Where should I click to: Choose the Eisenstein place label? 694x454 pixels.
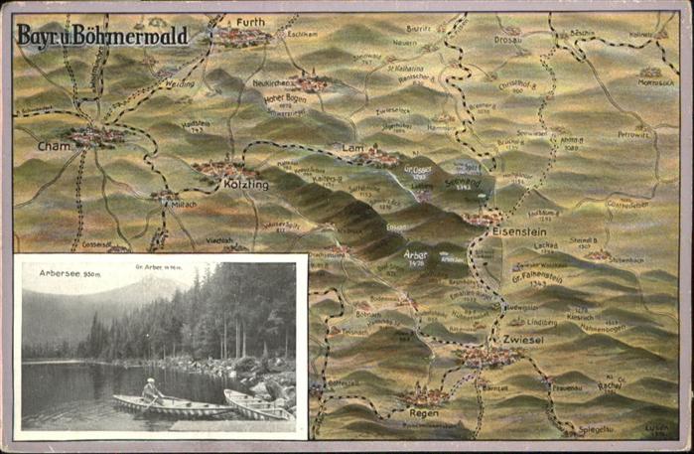[x=521, y=229]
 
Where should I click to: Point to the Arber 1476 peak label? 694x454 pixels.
[x=416, y=254]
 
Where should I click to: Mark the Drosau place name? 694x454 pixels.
[x=507, y=41]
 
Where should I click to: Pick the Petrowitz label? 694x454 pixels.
[x=633, y=133]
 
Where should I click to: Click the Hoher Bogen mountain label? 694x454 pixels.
[x=283, y=99]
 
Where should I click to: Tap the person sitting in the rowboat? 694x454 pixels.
[x=152, y=389]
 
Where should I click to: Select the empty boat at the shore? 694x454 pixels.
[x=256, y=403]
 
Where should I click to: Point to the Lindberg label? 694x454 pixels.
[x=541, y=323]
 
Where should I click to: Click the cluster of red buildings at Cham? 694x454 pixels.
[x=96, y=134]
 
